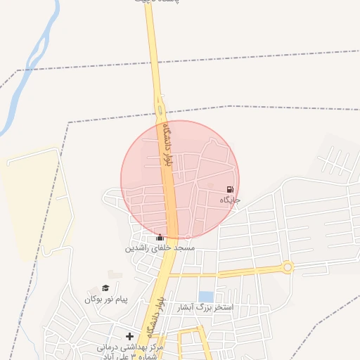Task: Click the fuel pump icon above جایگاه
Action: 230,189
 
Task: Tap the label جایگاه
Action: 230,200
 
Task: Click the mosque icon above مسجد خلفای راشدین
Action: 160,238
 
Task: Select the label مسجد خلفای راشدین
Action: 160,248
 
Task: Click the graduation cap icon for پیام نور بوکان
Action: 105,288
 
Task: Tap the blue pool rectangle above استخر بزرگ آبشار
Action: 205,297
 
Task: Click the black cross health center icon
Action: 129,337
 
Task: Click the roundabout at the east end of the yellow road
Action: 287,267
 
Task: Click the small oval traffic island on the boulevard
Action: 161,110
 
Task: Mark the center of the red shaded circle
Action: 180,179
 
